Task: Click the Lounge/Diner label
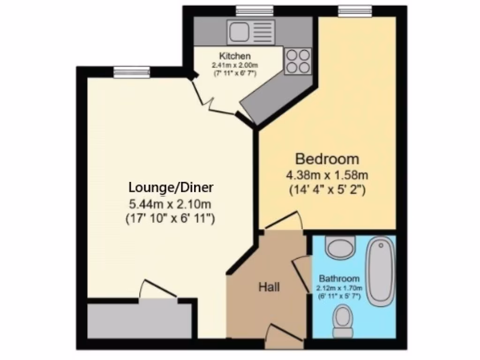(171, 187)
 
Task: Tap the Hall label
(269, 286)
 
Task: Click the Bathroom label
(339, 278)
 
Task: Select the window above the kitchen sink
(255, 9)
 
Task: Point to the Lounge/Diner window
(131, 72)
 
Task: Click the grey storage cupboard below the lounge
(139, 320)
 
